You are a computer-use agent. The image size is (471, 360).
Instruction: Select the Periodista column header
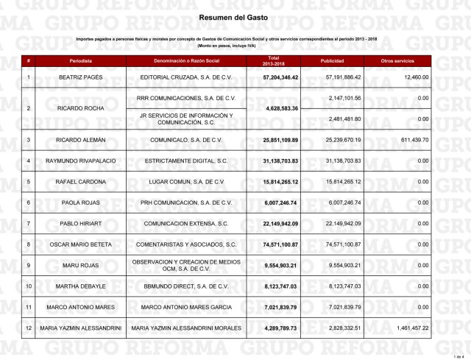(81, 60)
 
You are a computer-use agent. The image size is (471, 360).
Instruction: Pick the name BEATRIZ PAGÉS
(81, 77)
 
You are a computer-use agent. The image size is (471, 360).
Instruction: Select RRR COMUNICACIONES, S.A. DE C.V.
(191, 97)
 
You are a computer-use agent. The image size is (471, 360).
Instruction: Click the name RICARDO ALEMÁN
(81, 139)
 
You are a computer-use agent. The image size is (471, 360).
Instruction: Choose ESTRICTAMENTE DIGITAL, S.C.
(191, 160)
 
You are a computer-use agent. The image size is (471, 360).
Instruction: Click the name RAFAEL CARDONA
(81, 181)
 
